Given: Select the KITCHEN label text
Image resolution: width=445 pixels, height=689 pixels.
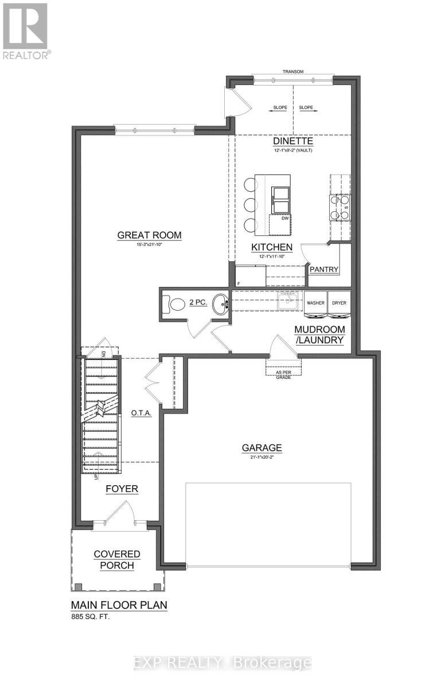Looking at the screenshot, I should coord(272,247).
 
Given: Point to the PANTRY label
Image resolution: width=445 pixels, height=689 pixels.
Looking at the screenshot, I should coord(324,269).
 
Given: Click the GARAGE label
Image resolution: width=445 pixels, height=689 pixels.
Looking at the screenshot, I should coord(261,448).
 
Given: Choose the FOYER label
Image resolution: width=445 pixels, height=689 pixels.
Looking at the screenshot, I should coord(122,489).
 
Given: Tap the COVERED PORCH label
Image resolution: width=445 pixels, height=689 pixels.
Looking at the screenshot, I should coord(117,559).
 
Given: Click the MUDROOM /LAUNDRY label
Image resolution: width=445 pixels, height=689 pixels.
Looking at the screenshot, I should coord(319,335).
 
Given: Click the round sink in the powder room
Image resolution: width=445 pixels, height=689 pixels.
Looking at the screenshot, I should coord(219,304).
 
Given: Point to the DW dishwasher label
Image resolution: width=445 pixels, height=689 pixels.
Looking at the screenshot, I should coord(284,218).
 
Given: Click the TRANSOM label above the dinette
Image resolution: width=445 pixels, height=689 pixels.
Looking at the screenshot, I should coord(292,72).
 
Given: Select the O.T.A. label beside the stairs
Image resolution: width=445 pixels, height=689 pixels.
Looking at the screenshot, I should coord(141,413).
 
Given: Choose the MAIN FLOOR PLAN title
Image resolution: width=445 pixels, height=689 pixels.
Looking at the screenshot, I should coord(119,605).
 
